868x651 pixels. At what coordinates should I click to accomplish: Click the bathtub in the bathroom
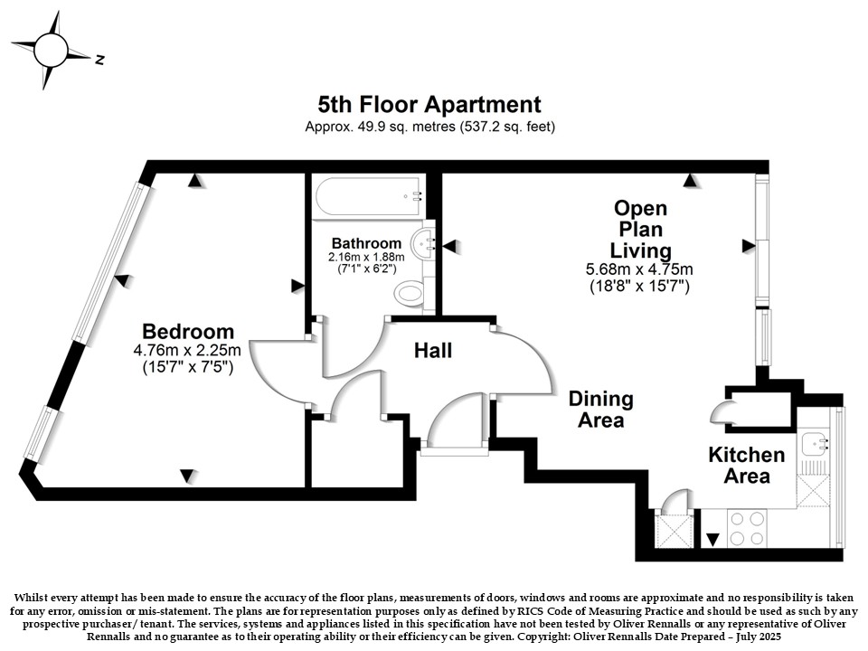(370, 197)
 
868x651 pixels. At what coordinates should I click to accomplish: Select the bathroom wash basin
(423, 243)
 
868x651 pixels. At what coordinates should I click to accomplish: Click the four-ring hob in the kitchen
(748, 529)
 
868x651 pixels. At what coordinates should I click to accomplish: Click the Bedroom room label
(188, 331)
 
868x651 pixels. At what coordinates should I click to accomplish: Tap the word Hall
(433, 350)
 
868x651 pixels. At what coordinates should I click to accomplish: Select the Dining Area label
(601, 409)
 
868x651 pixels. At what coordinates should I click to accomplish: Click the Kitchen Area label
(747, 465)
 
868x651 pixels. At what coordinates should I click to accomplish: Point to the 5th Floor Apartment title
(429, 104)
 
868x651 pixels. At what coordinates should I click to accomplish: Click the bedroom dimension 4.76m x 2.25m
(187, 350)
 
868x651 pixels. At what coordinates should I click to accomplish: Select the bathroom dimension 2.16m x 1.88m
(366, 257)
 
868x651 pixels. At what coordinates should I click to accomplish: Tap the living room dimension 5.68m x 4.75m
(639, 269)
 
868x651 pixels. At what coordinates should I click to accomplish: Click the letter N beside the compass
(99, 60)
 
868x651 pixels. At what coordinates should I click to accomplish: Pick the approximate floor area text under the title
(430, 127)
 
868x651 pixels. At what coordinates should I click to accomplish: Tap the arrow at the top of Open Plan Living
(690, 180)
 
